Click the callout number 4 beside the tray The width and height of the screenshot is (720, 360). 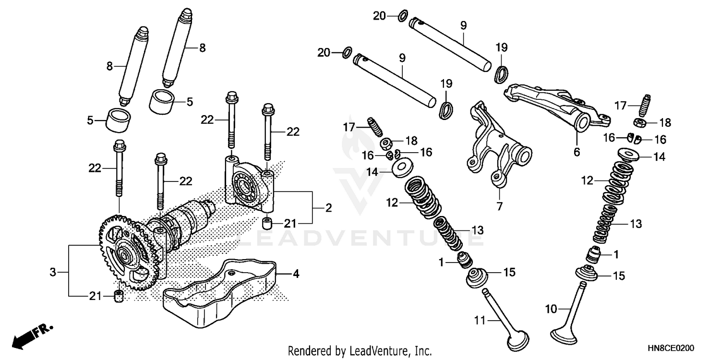(296, 275)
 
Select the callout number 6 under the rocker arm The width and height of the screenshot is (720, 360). (576, 152)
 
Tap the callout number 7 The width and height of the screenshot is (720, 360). (499, 206)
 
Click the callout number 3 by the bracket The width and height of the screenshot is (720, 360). (53, 273)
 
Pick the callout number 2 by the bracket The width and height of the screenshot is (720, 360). (328, 208)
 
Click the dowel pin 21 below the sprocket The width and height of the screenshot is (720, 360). (118, 296)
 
